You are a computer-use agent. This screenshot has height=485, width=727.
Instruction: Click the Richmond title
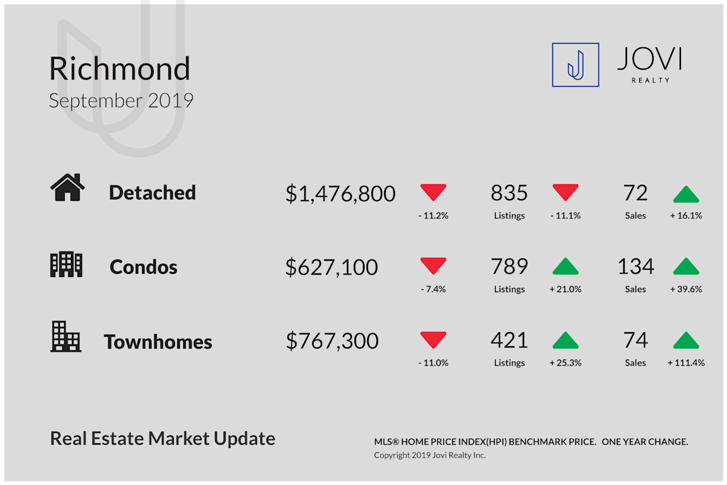pyautogui.click(x=119, y=69)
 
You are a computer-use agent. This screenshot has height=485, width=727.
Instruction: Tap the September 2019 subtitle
pyautogui.click(x=121, y=101)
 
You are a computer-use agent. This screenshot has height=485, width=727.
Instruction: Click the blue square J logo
pyautogui.click(x=576, y=65)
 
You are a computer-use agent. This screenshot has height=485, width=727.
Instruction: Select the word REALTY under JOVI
pyautogui.click(x=651, y=80)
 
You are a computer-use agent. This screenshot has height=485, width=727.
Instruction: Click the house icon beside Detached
pyautogui.click(x=67, y=187)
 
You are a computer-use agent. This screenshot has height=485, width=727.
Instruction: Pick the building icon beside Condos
pyautogui.click(x=66, y=264)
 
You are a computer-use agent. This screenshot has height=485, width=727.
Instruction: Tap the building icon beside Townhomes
pyautogui.click(x=65, y=336)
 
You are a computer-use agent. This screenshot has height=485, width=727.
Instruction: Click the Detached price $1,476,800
pyautogui.click(x=340, y=193)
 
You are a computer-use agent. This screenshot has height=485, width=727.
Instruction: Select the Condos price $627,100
pyautogui.click(x=331, y=267)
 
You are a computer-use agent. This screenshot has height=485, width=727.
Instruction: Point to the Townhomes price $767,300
pyautogui.click(x=332, y=341)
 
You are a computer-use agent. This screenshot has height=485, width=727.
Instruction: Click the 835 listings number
pyautogui.click(x=509, y=193)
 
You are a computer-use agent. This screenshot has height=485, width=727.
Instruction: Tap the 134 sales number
pyautogui.click(x=636, y=267)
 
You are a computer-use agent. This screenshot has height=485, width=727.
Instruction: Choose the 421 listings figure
pyautogui.click(x=509, y=341)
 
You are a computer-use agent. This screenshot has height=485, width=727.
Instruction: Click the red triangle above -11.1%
pyautogui.click(x=565, y=192)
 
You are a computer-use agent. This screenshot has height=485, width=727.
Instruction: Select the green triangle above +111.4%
pyautogui.click(x=686, y=341)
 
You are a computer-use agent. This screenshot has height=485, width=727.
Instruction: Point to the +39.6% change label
pyautogui.click(x=686, y=289)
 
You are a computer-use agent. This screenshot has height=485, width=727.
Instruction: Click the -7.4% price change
pyautogui.click(x=433, y=289)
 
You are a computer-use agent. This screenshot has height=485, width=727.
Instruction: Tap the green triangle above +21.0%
pyautogui.click(x=565, y=266)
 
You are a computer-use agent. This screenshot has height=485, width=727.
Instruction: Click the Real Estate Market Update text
pyautogui.click(x=162, y=438)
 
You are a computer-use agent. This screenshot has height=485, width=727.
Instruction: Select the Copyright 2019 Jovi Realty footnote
pyautogui.click(x=430, y=455)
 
